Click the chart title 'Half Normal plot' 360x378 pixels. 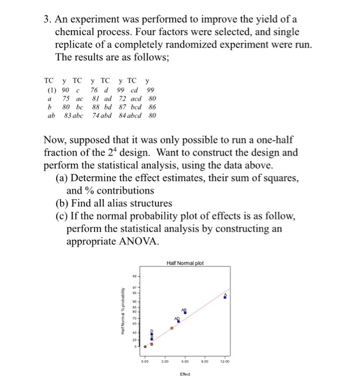[185, 264]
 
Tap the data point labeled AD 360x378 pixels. [178, 321]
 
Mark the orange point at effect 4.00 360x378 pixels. [172, 328]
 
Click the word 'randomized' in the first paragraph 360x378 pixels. [201, 45]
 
